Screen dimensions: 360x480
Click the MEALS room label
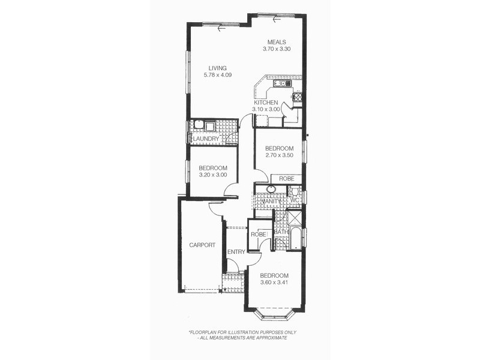click(277, 41)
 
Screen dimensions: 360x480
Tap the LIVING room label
click(217, 68)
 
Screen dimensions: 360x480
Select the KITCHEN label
click(266, 103)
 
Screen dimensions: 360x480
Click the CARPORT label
click(202, 245)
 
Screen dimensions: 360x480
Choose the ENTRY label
click(236, 251)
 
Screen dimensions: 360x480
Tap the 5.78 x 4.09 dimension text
click(217, 75)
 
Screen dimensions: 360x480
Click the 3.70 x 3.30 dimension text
click(277, 49)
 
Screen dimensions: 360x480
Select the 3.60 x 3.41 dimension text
click(274, 283)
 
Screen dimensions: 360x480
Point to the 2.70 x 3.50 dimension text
click(279, 155)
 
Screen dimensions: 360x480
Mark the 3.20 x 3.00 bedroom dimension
click(213, 175)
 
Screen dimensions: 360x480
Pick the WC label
click(295, 200)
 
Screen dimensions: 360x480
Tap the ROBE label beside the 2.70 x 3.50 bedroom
click(286, 178)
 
